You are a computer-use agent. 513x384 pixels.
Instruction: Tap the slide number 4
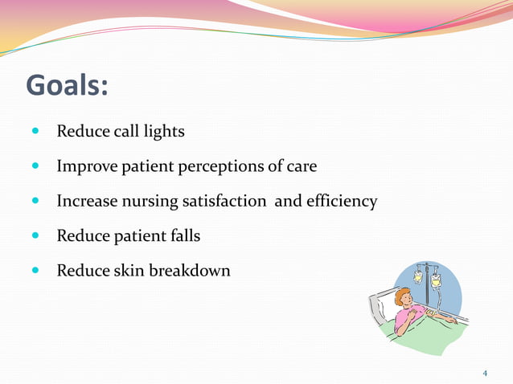485,374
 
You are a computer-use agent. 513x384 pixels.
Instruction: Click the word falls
184,236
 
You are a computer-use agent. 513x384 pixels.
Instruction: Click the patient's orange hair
400,298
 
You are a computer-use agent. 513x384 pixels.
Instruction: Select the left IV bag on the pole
418,276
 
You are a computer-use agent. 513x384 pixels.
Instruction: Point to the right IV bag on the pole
436,280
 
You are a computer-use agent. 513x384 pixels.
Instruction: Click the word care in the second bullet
302,167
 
